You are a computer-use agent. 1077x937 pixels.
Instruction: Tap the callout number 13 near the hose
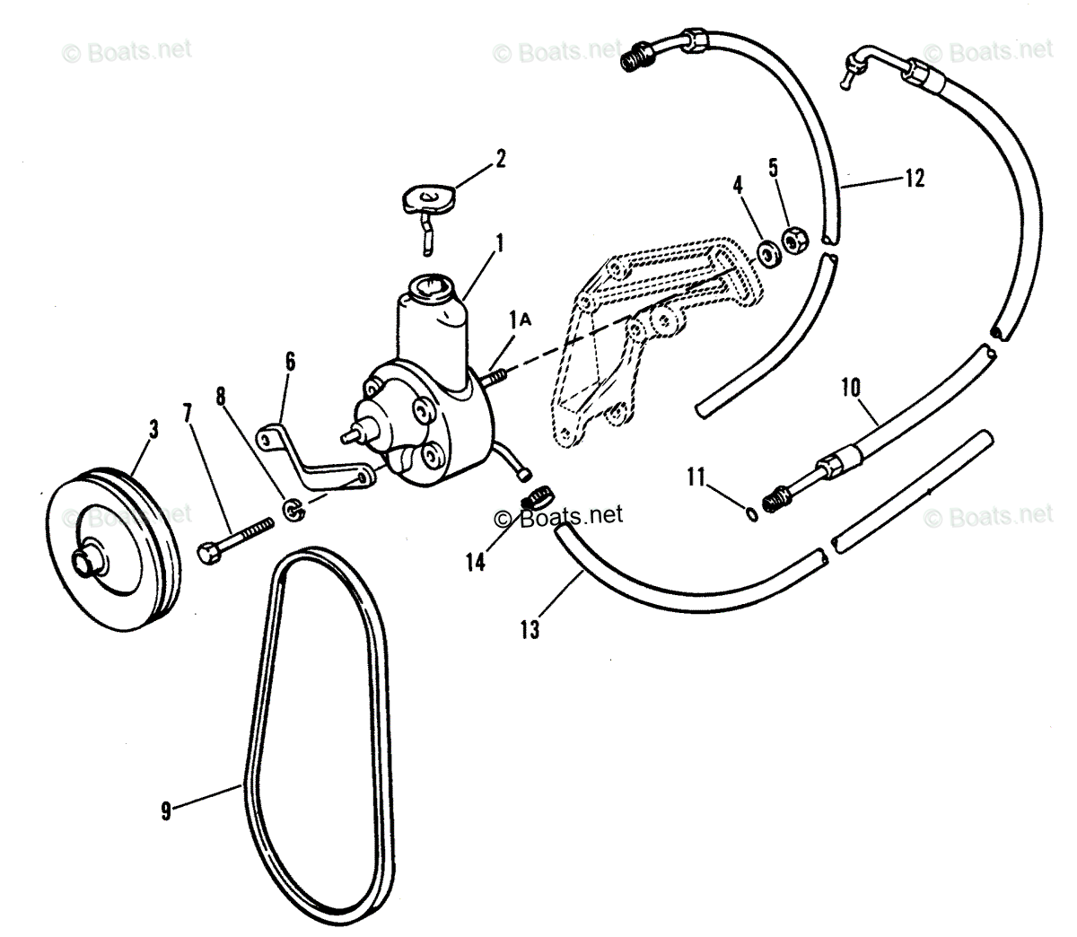point(530,629)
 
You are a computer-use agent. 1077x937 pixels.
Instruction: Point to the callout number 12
point(914,179)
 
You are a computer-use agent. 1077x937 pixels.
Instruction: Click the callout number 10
point(850,388)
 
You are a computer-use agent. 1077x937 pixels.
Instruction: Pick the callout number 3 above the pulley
point(153,429)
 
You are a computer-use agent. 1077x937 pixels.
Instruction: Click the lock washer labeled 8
point(293,511)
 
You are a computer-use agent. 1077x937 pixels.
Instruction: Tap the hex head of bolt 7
point(206,552)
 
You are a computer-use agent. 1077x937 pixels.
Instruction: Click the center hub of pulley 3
point(87,562)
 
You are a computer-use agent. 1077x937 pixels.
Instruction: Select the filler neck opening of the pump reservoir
point(428,290)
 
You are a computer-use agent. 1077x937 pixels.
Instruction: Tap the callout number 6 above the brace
point(289,362)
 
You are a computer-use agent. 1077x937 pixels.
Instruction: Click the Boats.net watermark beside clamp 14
point(558,516)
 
